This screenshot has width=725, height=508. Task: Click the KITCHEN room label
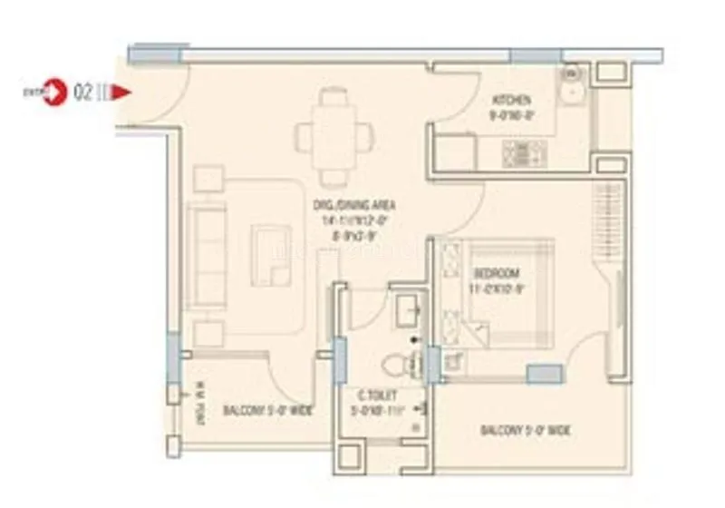pyautogui.click(x=511, y=100)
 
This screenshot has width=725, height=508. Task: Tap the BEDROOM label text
pyautogui.click(x=496, y=274)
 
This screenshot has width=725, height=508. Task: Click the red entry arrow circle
pyautogui.click(x=57, y=92)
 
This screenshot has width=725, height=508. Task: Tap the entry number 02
pyautogui.click(x=83, y=92)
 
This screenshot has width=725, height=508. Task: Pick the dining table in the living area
pyautogui.click(x=333, y=137)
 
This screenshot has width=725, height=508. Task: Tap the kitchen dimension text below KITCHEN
pyautogui.click(x=511, y=115)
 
